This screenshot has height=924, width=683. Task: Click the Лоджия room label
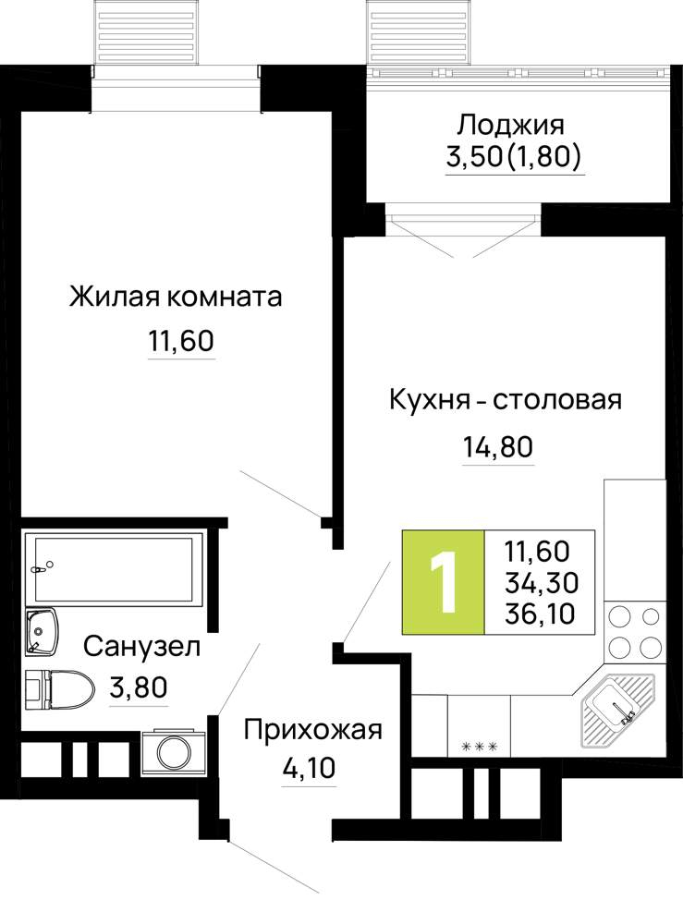pyautogui.click(x=511, y=126)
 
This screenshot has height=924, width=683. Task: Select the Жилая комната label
pyautogui.click(x=176, y=297)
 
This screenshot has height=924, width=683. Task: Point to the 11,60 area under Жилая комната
pyautogui.click(x=181, y=341)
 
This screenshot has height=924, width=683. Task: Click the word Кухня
pyautogui.click(x=429, y=400)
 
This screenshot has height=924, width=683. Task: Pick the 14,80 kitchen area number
pyautogui.click(x=498, y=447)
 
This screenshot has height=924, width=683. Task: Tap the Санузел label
pyautogui.click(x=142, y=647)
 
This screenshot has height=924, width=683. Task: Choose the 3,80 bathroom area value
pyautogui.click(x=139, y=687)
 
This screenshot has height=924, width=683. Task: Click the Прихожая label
pyautogui.click(x=313, y=730)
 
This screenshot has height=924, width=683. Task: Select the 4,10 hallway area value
pyautogui.click(x=308, y=768)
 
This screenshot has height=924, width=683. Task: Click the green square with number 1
pyautogui.click(x=443, y=582)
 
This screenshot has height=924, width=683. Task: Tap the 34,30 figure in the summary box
pyautogui.click(x=542, y=583)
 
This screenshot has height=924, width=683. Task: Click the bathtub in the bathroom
pyautogui.click(x=115, y=567)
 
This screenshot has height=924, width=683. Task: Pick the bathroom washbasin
pyautogui.click(x=42, y=631)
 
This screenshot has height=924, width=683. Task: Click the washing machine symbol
pyautogui.click(x=172, y=752)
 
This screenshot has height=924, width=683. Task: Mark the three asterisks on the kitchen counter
pyautogui.click(x=479, y=747)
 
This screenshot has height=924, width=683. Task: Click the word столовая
pyautogui.click(x=557, y=400)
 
